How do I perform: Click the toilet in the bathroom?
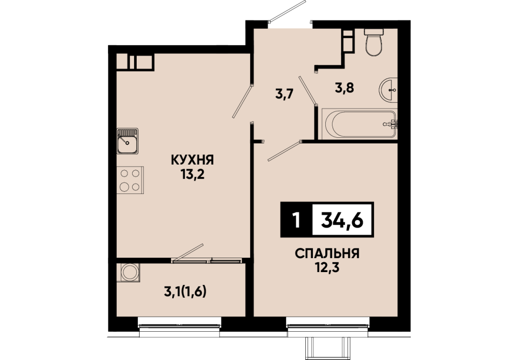point(374,42)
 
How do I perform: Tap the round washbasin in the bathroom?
point(389,89)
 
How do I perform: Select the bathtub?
point(360,124)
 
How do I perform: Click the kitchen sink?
point(127,141)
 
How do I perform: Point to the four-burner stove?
point(130,180)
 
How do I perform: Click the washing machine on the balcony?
point(128,273)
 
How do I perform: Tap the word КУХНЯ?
point(192,160)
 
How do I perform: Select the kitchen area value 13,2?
point(193,174)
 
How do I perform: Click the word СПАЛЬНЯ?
point(327,254)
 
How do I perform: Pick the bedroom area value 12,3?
point(327,268)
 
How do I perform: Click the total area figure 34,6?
point(342,220)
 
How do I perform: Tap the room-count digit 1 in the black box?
point(297,220)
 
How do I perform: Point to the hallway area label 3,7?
point(285,95)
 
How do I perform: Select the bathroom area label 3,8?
point(344,88)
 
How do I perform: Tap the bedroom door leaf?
point(285,151)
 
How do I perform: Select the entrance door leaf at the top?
point(287,12)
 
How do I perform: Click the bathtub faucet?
point(391,124)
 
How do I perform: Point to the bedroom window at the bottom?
point(328,327)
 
